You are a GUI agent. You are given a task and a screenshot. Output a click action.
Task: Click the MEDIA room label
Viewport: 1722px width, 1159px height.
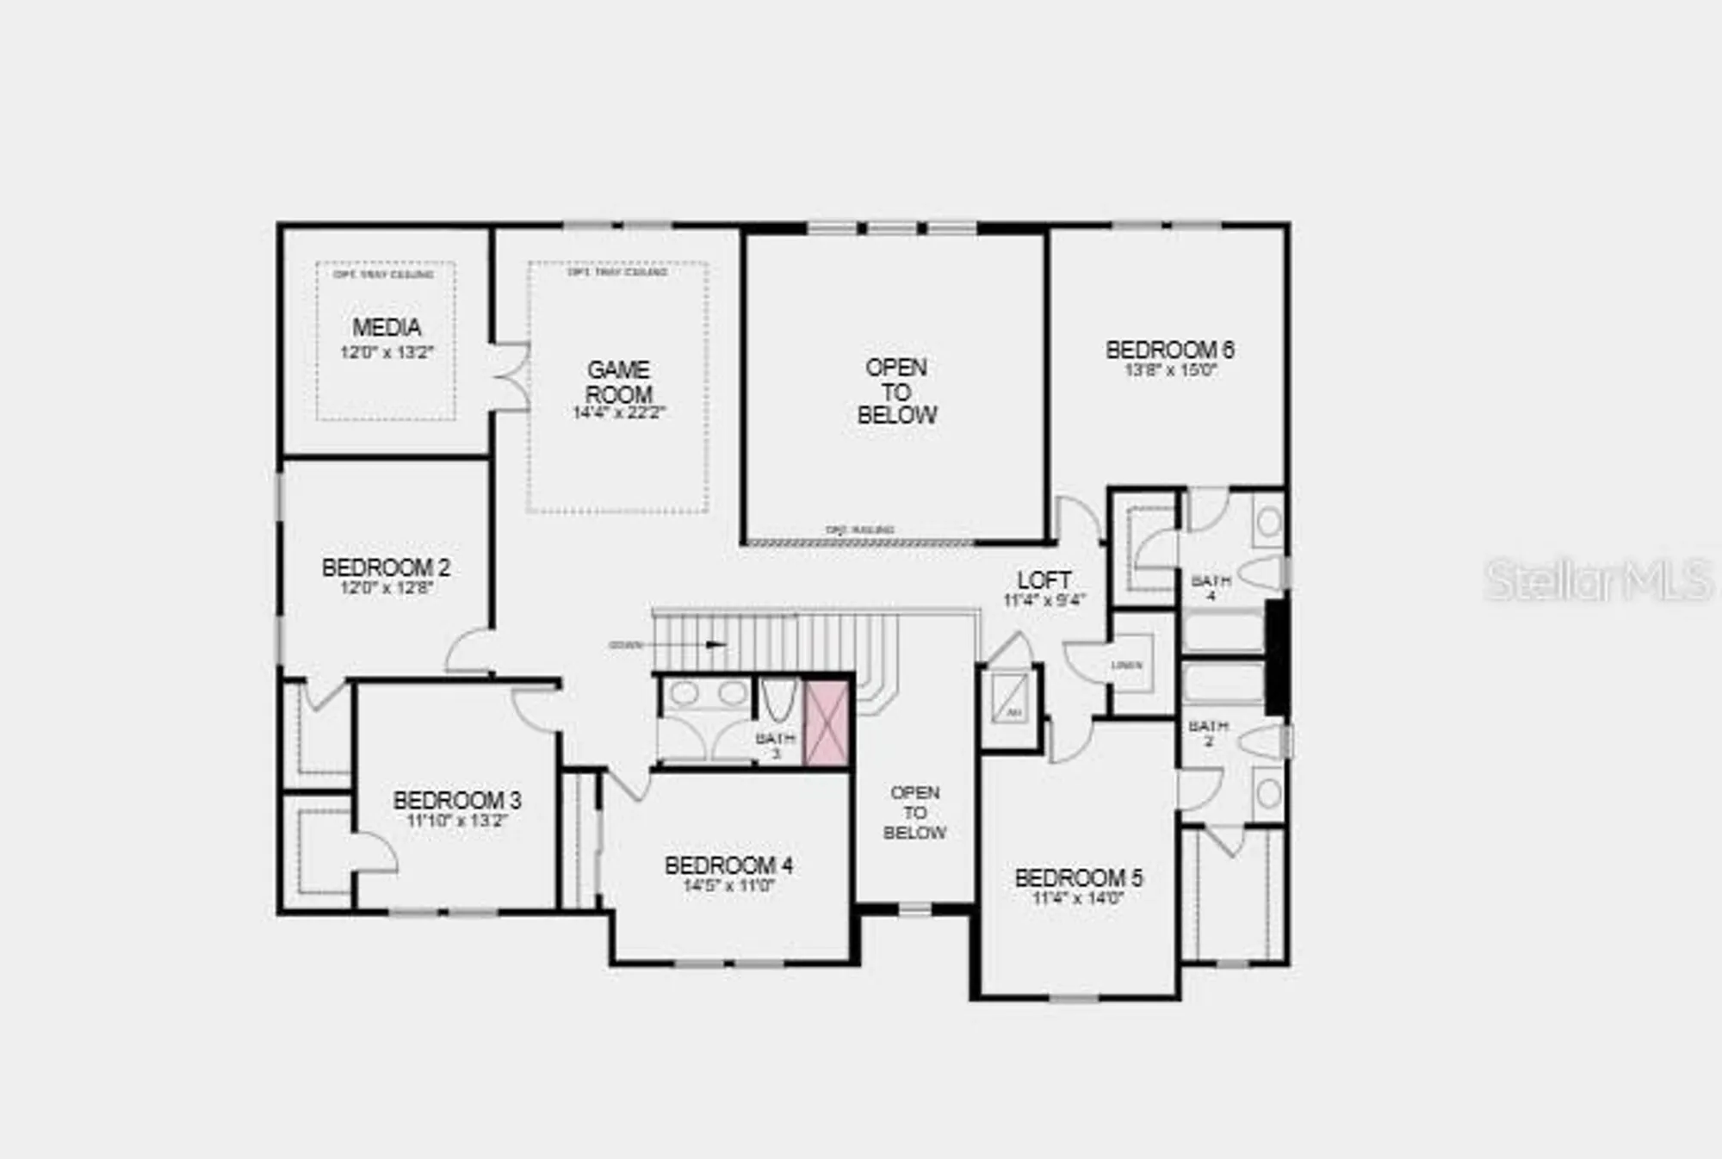(387, 328)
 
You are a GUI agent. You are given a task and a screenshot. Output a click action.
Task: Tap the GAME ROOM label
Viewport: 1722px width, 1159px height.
(618, 382)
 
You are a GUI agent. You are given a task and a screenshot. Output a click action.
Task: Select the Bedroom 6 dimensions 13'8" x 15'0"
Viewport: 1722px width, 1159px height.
(1170, 371)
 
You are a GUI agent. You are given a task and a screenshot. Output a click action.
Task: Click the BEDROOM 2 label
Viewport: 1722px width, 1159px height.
(386, 568)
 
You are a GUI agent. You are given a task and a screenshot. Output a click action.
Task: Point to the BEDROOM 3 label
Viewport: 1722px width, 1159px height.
(457, 800)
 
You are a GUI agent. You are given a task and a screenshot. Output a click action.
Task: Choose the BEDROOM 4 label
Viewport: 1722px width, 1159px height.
(728, 865)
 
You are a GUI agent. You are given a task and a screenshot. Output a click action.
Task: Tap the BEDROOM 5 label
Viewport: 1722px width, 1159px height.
(1079, 878)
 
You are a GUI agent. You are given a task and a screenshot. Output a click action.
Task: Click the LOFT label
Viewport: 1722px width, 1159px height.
(1044, 580)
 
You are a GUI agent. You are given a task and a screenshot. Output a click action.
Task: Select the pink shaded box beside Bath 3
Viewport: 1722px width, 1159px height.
(827, 722)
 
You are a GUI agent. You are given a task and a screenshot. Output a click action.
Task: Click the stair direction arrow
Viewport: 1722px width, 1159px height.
(715, 644)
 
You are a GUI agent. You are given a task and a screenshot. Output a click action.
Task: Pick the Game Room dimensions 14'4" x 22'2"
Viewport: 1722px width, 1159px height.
(619, 413)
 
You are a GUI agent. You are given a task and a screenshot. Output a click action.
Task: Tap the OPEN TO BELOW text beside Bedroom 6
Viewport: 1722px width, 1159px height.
(896, 392)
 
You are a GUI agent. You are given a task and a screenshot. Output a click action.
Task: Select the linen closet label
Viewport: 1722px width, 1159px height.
(1126, 666)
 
